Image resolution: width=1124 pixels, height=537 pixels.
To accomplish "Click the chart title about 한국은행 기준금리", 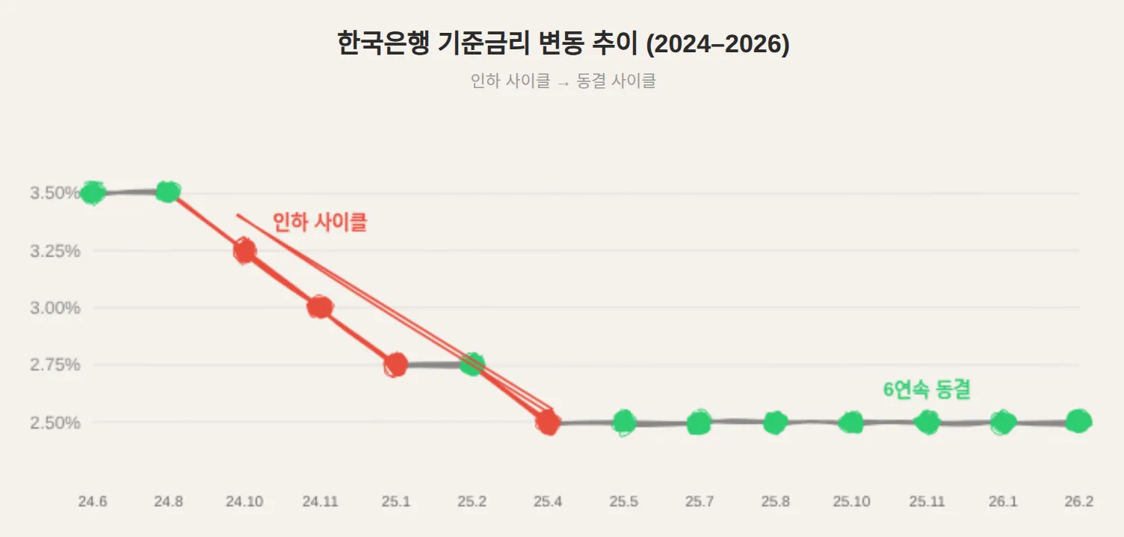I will tap(562, 44).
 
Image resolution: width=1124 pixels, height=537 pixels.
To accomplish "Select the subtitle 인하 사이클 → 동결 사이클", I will tap(562, 81).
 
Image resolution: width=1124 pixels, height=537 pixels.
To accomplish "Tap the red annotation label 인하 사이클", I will tap(320, 223).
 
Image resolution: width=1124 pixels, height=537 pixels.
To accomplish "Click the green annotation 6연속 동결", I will tap(927, 389).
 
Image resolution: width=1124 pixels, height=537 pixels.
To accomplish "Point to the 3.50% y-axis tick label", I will tap(55, 193).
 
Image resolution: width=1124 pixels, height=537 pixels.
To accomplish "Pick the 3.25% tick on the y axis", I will tap(55, 251).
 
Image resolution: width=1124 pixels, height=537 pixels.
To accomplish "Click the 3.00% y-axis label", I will tap(55, 308).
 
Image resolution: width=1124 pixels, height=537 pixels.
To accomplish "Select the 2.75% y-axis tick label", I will tap(55, 365).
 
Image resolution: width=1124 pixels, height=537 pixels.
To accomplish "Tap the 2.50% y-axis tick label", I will tap(55, 423).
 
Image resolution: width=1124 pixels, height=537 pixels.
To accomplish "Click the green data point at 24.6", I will tap(93, 193).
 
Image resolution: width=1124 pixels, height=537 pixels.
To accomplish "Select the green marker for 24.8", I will tap(168, 192).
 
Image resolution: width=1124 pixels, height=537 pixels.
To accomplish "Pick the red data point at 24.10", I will tap(244, 250).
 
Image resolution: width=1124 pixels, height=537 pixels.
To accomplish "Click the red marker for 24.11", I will tap(320, 307).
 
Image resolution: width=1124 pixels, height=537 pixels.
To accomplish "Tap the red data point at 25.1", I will tap(396, 364).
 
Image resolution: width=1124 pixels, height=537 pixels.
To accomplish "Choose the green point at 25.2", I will tap(472, 364).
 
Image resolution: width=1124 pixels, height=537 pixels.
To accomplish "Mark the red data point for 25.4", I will tap(548, 423).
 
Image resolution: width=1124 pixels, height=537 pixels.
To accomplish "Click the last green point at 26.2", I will tap(1078, 421).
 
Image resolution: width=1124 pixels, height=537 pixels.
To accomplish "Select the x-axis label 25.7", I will tap(699, 502).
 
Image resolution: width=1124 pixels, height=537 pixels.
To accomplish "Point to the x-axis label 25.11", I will tap(927, 502).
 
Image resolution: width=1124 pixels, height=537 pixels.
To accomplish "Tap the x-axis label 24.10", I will tap(244, 502).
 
